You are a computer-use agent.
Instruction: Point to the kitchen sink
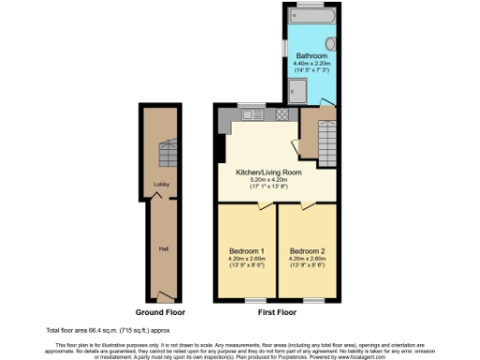point(250,114)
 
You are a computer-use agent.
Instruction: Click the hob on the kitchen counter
point(279,114)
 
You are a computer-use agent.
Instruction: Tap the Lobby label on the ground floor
point(160,185)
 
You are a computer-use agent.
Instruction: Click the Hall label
point(163,248)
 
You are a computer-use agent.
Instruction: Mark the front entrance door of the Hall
point(165,295)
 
